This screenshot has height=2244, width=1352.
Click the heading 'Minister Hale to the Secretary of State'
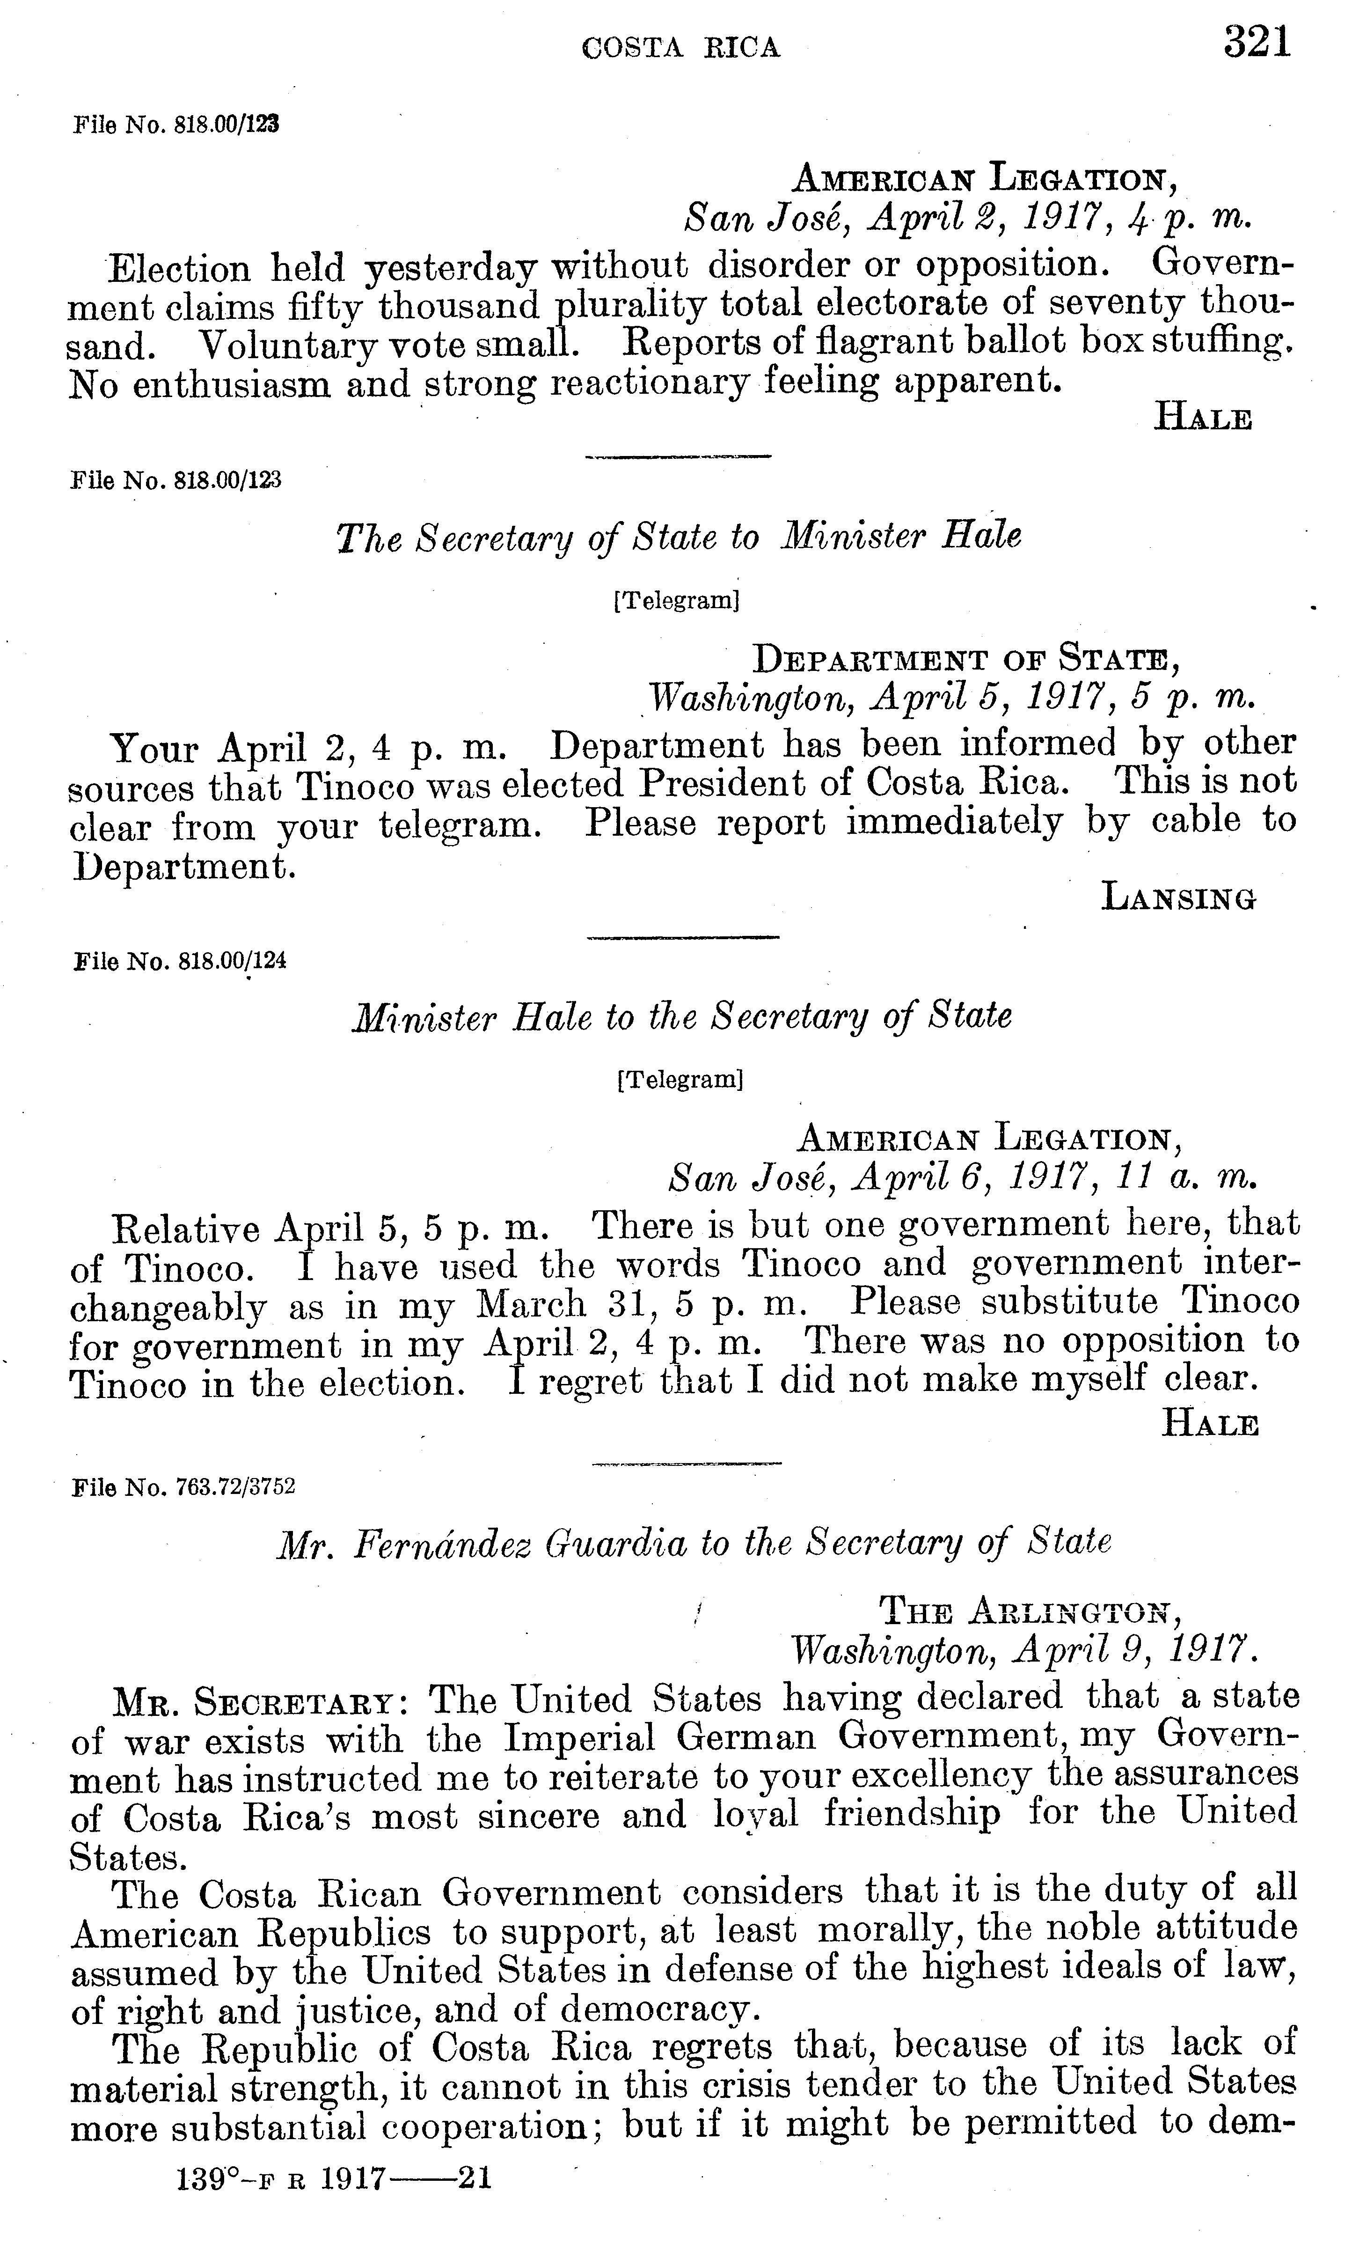(x=681, y=1015)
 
